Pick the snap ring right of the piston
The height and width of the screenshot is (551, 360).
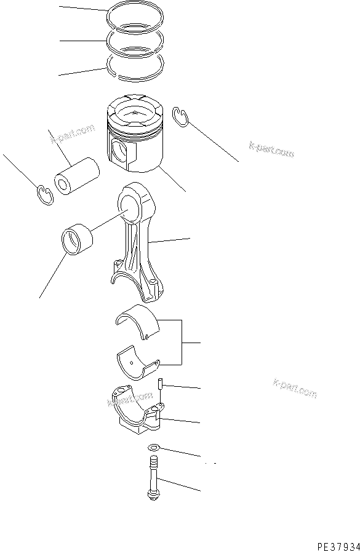pyautogui.click(x=179, y=117)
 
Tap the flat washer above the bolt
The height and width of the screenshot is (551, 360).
pyautogui.click(x=154, y=448)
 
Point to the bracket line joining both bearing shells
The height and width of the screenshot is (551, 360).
pyautogui.click(x=180, y=341)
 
